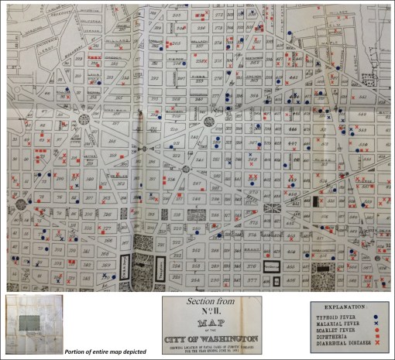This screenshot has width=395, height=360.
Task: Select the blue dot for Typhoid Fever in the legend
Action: coord(375,318)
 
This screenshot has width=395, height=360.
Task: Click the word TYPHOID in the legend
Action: coord(331,318)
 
